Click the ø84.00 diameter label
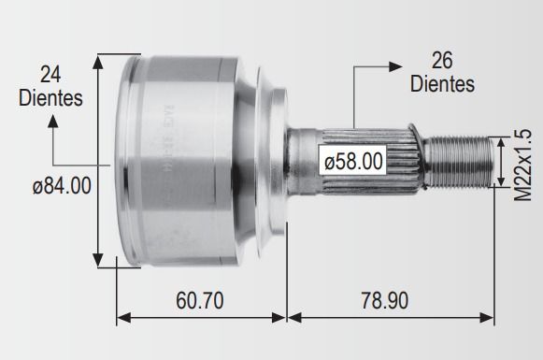[62, 186]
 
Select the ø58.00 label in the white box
[353, 162]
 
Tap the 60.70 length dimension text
[200, 300]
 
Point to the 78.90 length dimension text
[385, 300]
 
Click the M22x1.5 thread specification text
[522, 165]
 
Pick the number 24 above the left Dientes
[50, 74]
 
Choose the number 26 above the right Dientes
[442, 60]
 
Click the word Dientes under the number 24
[50, 98]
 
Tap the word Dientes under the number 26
[442, 84]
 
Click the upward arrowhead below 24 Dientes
[53, 122]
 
